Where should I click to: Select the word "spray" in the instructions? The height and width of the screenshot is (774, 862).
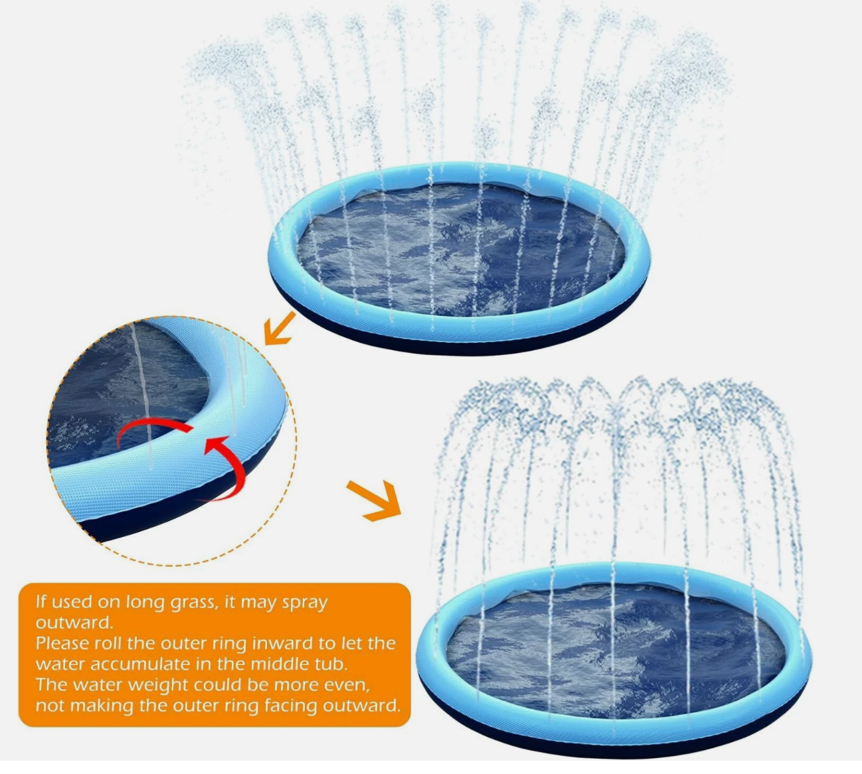click(304, 603)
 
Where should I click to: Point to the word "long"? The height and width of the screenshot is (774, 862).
click(145, 603)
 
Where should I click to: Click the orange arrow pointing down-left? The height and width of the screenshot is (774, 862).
click(280, 328)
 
